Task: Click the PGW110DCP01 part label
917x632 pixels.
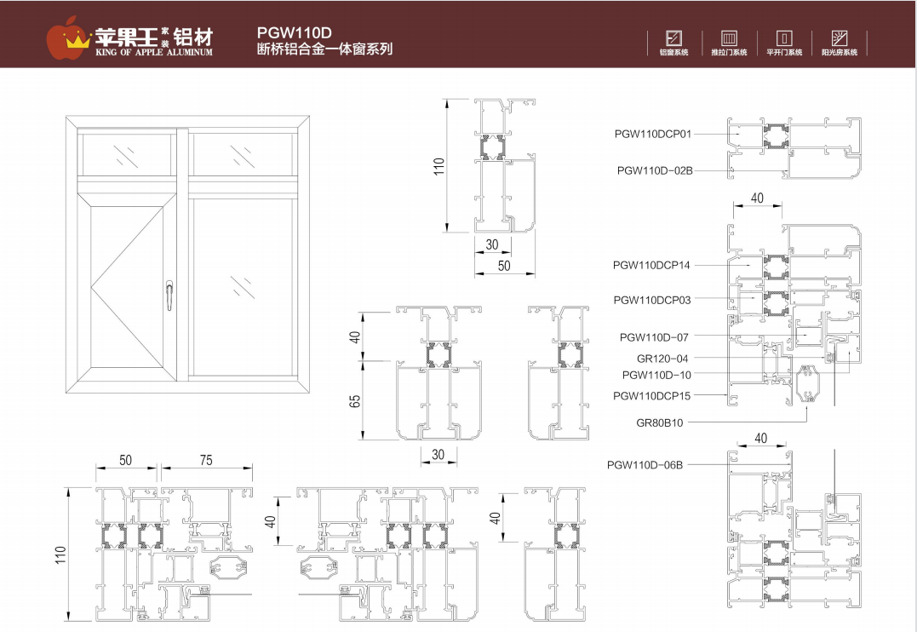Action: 654,134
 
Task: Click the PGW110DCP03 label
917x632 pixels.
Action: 652,300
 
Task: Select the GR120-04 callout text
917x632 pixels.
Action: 662,359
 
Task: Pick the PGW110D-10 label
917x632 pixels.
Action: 656,375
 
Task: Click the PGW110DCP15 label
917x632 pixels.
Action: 652,396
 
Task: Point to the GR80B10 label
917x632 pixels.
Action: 660,422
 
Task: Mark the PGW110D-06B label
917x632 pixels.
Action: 645,464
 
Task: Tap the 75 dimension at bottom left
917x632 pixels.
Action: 206,460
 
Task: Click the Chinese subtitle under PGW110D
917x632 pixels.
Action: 324,49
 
